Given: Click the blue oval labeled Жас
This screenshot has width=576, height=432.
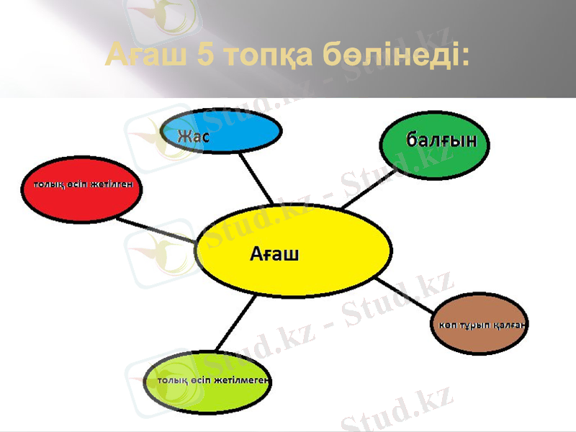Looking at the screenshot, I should point(223,132).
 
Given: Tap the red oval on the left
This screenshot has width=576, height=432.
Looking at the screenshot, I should point(81,189).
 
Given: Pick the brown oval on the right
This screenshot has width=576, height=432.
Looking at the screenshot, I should point(480,324).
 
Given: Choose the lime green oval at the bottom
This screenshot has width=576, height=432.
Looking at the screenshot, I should point(209,381).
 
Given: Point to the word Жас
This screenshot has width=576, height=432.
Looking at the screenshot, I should point(194,136).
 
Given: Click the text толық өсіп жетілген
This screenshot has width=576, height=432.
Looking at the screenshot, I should point(81,184).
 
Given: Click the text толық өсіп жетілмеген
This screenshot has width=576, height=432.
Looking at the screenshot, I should point(209,381).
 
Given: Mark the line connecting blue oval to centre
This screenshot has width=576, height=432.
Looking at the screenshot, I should point(256,178).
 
